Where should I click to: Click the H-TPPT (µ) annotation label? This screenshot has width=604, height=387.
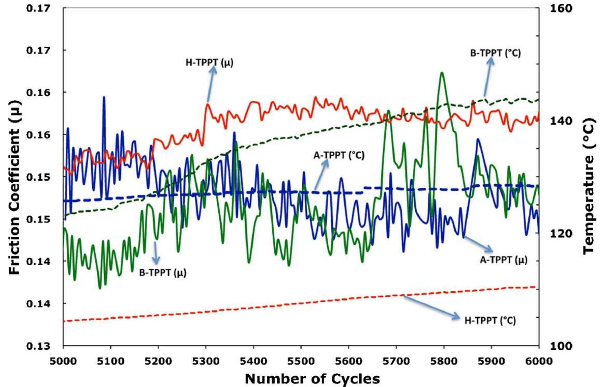tap(209, 63)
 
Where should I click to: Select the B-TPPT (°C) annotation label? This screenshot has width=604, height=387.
tap(495, 53)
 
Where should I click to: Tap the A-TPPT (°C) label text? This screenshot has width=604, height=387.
tap(339, 155)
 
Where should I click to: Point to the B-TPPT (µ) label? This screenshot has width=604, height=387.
tap(163, 273)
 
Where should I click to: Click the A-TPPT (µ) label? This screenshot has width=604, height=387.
tap(503, 260)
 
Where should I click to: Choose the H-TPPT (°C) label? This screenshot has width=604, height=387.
tap(490, 321)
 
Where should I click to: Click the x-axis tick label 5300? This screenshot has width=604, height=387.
tap(206, 361)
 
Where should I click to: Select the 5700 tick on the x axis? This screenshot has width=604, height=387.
tap(396, 361)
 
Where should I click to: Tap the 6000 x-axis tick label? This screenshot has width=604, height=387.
tap(538, 361)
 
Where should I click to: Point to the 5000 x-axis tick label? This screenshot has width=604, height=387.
tap(63, 361)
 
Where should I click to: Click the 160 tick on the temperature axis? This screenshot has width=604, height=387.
tap(561, 8)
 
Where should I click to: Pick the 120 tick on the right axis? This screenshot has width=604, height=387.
tap(561, 233)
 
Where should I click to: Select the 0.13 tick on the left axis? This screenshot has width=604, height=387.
tap(38, 346)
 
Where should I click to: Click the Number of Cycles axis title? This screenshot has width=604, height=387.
tap(312, 379)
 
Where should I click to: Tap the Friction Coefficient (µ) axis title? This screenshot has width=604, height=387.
tap(15, 187)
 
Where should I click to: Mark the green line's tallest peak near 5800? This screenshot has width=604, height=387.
tap(442, 73)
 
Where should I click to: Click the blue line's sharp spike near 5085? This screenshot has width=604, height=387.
tap(104, 98)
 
